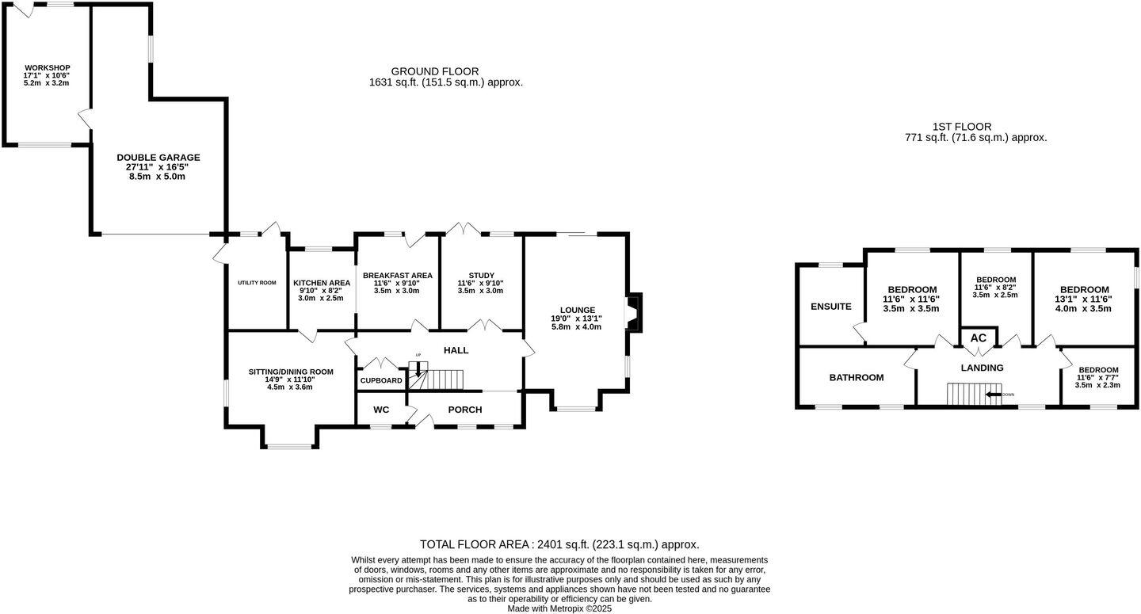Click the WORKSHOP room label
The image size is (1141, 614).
47,67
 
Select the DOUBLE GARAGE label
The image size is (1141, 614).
158,158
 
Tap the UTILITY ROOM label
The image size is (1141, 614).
257,283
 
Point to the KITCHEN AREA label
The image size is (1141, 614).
322,283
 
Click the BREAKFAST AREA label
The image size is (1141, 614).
398,276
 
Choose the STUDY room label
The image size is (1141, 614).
480,276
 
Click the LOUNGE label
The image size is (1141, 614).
577,310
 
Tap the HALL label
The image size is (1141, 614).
456,350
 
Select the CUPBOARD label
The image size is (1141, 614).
381,381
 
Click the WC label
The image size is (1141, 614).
380,410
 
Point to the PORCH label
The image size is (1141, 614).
464,410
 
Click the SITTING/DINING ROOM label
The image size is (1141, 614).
291,372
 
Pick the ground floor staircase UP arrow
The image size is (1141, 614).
418,368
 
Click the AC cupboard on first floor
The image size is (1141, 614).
979,338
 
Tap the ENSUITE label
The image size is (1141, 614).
830,307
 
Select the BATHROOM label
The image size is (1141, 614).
856,378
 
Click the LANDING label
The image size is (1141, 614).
982,368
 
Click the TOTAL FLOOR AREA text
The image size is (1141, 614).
559,544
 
